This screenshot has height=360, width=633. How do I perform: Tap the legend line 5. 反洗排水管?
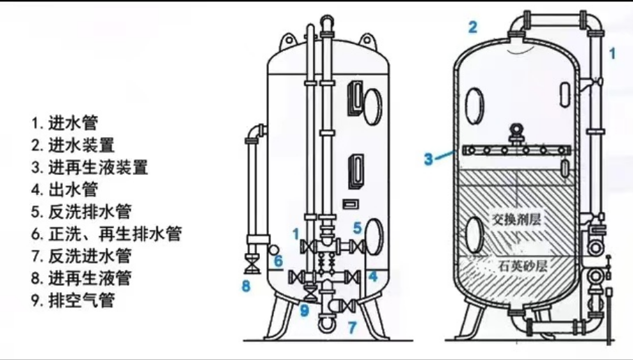click(x=81, y=211)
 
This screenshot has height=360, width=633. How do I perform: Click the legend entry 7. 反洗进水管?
click(x=81, y=256)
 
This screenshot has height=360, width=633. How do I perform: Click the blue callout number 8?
click(x=246, y=285)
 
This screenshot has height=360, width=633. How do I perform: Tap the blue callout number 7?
click(x=352, y=326)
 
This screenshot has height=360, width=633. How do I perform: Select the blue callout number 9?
click(x=304, y=310)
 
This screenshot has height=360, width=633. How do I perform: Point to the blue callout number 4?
click(x=373, y=276)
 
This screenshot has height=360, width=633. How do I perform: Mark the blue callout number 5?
click(x=356, y=227)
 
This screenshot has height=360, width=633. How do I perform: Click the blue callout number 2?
click(x=473, y=27)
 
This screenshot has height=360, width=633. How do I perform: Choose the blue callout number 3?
click(x=428, y=159)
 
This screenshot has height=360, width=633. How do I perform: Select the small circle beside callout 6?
click(x=274, y=248)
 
